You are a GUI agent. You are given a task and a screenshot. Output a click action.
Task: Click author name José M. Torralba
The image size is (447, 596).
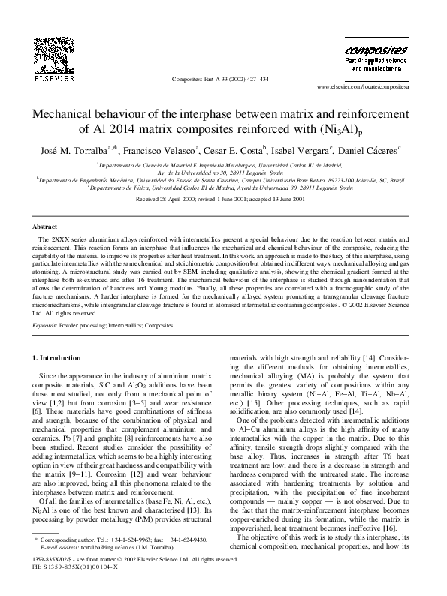pos(74,150)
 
